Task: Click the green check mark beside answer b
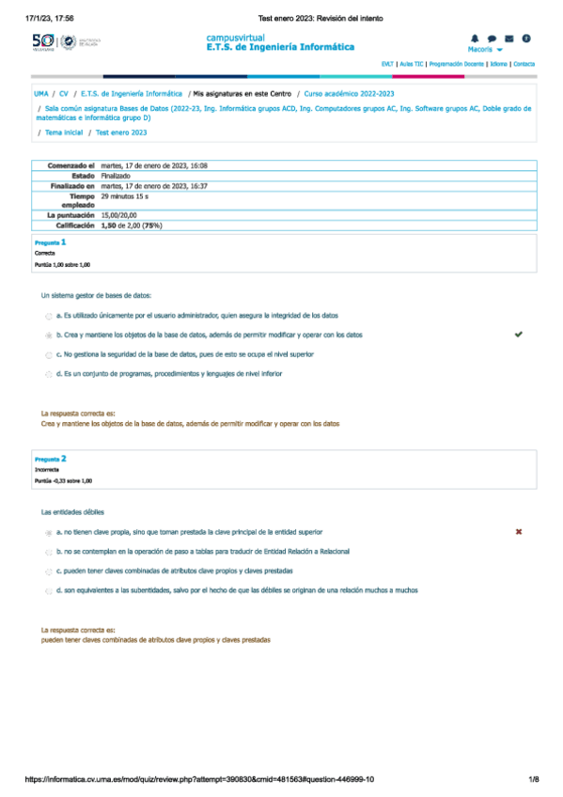pyautogui.click(x=519, y=334)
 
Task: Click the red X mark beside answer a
pyautogui.click(x=519, y=532)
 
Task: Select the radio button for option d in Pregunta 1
pyautogui.click(x=49, y=374)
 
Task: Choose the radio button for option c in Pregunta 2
pyautogui.click(x=49, y=571)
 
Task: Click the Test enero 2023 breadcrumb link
pyautogui.click(x=121, y=133)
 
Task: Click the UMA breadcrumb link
pyautogui.click(x=40, y=94)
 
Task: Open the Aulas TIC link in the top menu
pyautogui.click(x=411, y=64)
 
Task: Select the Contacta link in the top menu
pyautogui.click(x=524, y=64)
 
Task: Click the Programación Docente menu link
pyautogui.click(x=457, y=64)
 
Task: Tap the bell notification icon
pyautogui.click(x=474, y=39)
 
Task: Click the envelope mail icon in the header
pyautogui.click(x=508, y=39)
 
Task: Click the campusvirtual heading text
pyautogui.click(x=235, y=37)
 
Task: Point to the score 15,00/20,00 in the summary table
pyautogui.click(x=121, y=216)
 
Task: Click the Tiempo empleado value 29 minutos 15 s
pyautogui.click(x=131, y=196)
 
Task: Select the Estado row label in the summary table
pyautogui.click(x=83, y=176)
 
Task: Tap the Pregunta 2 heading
pyautogui.click(x=50, y=459)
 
